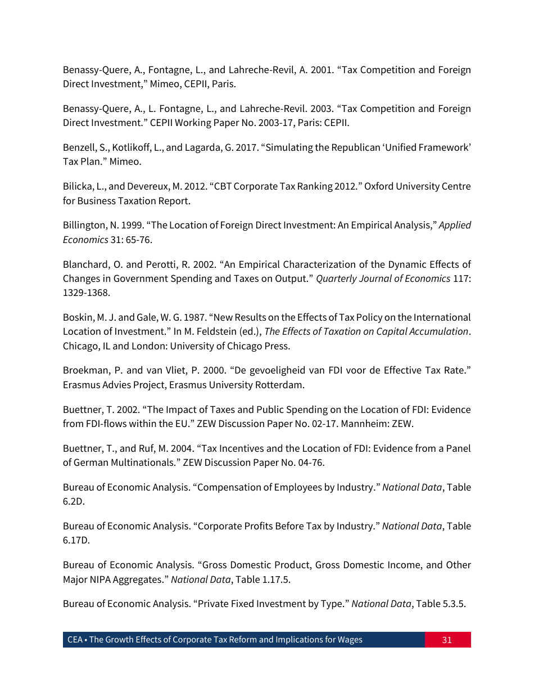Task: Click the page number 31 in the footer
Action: (447, 640)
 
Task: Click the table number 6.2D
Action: (74, 502)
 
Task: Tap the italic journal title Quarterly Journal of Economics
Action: (383, 278)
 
